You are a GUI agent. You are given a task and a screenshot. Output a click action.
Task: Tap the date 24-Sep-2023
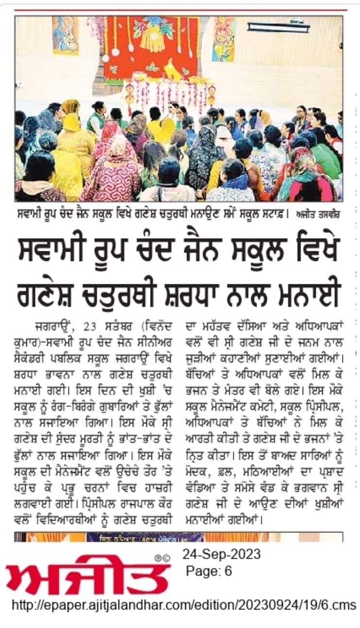[222, 554]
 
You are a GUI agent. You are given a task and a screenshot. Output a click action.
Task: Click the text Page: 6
[209, 571]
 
